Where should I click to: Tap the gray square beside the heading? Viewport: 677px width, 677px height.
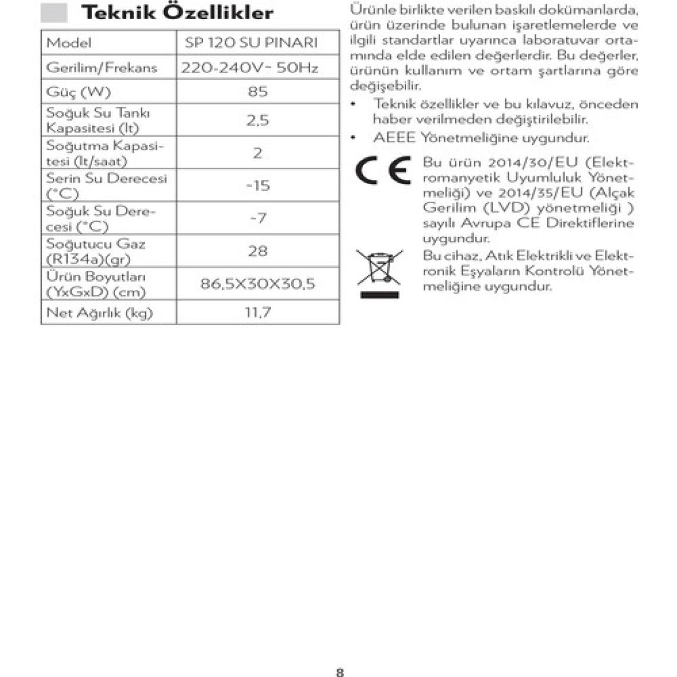[54, 12]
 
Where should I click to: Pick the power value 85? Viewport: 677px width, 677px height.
[258, 91]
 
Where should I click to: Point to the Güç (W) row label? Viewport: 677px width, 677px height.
[78, 92]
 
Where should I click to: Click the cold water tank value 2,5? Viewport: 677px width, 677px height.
[258, 120]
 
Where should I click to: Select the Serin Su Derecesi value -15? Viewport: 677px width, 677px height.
[258, 185]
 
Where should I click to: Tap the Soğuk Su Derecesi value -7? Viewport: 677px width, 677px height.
[258, 218]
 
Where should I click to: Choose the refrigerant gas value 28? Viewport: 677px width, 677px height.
[258, 251]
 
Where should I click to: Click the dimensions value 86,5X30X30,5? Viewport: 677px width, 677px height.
[258, 283]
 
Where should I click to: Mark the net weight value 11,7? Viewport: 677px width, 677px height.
[258, 312]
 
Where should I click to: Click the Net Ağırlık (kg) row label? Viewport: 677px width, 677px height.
[100, 312]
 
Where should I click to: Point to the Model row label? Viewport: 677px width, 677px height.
[69, 43]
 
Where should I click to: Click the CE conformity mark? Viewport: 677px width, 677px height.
[383, 171]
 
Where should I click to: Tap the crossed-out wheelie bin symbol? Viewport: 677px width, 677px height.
[379, 273]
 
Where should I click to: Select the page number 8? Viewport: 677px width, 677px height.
[340, 672]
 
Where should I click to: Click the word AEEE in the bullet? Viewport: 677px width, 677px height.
[394, 138]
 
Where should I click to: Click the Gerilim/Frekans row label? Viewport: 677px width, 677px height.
[102, 68]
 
